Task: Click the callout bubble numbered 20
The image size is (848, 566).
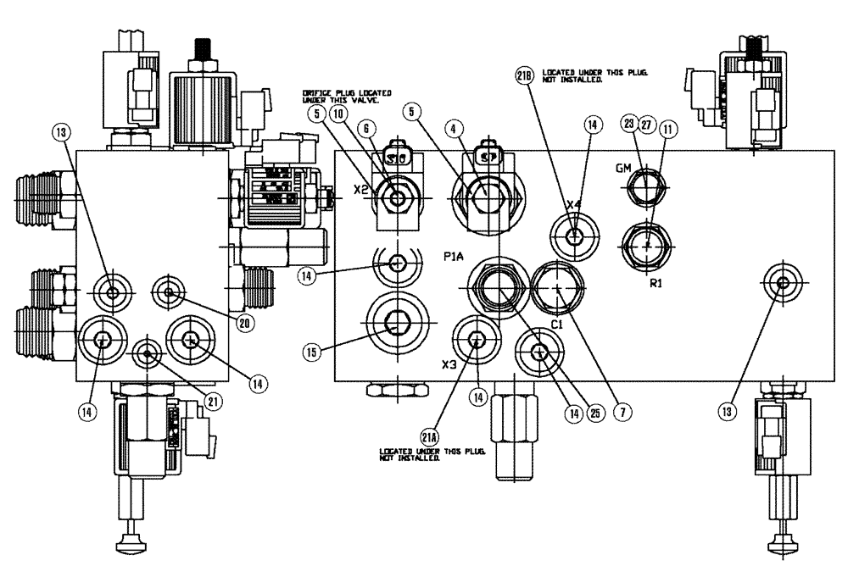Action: [246, 323]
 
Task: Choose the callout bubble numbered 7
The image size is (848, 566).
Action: [623, 413]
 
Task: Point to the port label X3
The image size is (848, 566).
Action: [450, 364]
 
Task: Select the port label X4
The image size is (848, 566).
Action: [575, 205]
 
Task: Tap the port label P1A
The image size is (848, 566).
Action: [452, 255]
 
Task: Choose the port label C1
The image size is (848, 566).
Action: [558, 324]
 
